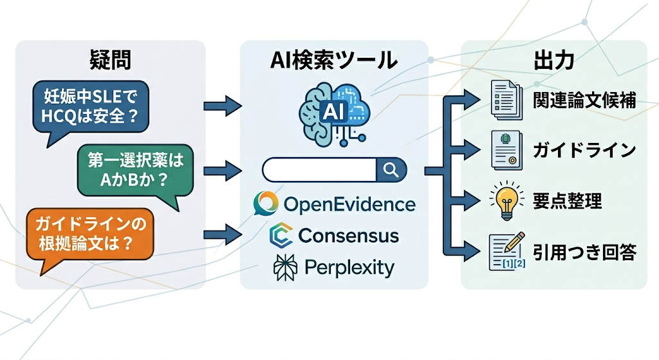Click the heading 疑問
(111, 61)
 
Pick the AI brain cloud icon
(333, 110)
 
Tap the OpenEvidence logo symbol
(266, 204)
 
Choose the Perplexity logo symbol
(284, 267)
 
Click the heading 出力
(553, 61)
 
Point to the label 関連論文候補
(585, 101)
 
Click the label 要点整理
(568, 201)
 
